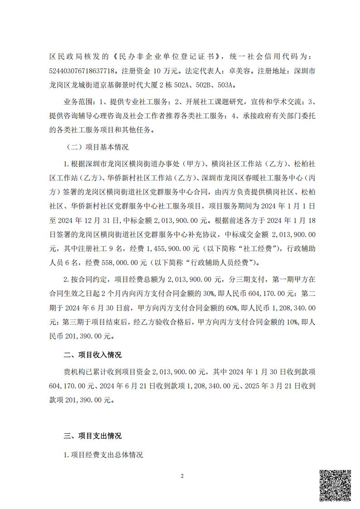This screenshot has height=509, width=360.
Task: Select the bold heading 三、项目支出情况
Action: tap(92, 436)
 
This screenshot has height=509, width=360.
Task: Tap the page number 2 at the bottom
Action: tap(181, 476)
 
